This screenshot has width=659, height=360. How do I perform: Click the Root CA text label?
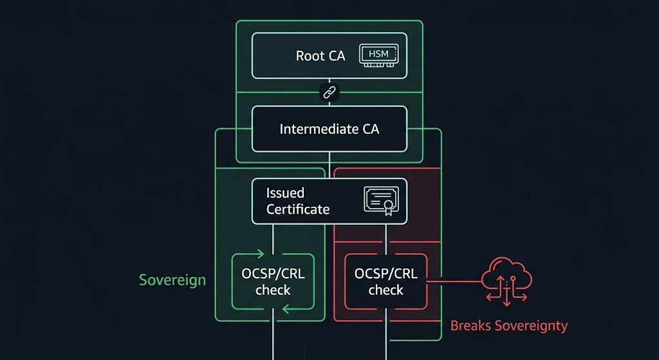[320, 56]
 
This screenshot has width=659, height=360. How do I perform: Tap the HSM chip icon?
[379, 55]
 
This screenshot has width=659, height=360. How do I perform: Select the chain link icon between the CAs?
[329, 93]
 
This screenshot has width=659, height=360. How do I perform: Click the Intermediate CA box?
[329, 129]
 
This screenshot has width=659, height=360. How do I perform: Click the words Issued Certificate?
[297, 201]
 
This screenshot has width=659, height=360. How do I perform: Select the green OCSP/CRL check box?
[273, 282]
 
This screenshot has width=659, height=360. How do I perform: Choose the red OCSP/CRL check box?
[385, 282]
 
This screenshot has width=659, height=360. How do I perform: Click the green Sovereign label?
[172, 280]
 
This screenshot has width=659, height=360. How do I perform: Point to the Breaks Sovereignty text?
[508, 326]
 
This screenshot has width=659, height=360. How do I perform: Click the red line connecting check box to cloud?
[454, 281]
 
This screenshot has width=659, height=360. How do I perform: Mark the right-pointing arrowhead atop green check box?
[260, 253]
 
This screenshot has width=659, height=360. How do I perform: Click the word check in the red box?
[385, 290]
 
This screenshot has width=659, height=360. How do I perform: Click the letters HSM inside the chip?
[378, 53]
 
